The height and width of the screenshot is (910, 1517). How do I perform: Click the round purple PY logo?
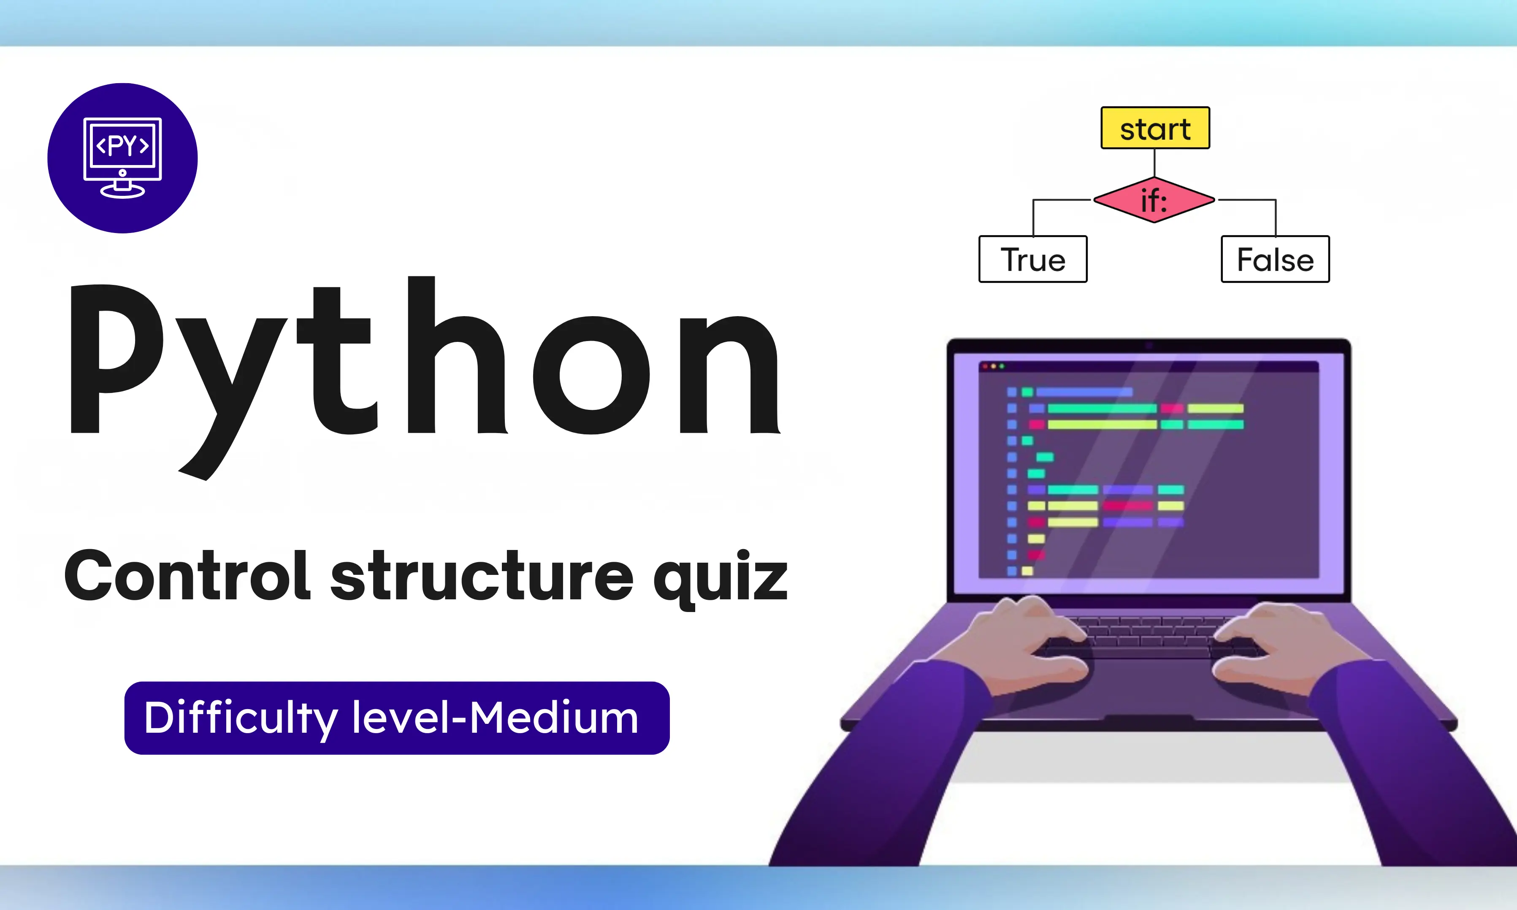123,158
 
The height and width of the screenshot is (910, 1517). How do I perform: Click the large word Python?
423,368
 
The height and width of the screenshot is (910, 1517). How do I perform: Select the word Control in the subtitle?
187,577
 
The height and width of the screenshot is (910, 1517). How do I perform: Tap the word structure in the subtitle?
481,577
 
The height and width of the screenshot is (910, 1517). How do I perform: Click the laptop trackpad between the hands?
1150,681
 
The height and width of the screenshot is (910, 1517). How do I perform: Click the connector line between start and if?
1154,162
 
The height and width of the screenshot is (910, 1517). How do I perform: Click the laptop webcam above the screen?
1149,346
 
